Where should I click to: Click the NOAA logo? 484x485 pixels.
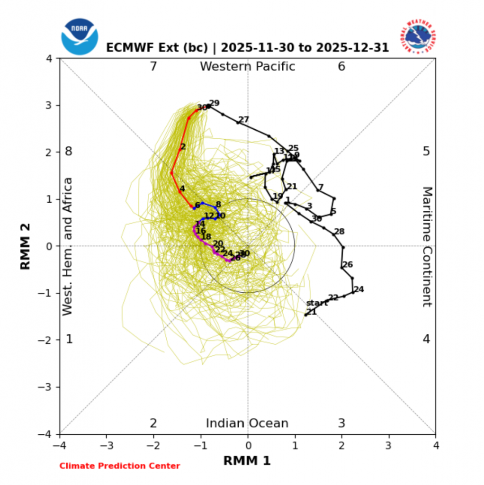(x=79, y=36)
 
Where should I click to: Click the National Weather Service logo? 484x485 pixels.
(x=420, y=36)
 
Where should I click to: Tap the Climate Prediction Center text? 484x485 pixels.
(x=119, y=466)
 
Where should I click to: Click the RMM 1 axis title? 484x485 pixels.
(x=247, y=460)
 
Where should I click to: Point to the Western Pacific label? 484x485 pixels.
(x=247, y=67)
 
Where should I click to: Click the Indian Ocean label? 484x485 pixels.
(x=247, y=423)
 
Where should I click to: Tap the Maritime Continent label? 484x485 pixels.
(x=427, y=246)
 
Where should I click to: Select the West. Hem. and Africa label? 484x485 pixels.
(x=68, y=246)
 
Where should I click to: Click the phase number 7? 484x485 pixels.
(x=153, y=67)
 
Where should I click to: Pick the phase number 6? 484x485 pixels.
(x=341, y=67)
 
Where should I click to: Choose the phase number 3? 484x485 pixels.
(x=341, y=423)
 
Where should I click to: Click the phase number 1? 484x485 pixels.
(x=69, y=339)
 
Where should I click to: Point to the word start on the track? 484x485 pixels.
(x=317, y=303)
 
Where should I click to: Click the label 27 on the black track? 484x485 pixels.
(x=244, y=120)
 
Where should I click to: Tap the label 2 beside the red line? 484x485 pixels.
(x=183, y=147)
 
